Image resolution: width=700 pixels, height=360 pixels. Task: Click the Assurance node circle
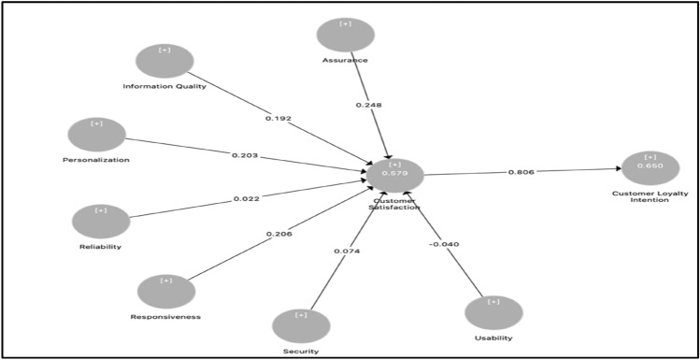click(x=345, y=35)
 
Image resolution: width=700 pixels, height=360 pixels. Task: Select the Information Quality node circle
click(x=164, y=61)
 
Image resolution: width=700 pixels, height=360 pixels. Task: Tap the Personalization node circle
click(x=97, y=135)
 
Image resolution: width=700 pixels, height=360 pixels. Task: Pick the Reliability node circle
click(x=101, y=222)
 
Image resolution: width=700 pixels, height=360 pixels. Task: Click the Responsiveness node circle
click(x=166, y=291)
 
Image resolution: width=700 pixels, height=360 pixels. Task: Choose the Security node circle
click(x=301, y=325)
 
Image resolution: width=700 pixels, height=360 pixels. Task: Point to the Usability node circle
click(x=493, y=312)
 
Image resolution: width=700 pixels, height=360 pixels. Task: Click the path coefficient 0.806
click(x=521, y=172)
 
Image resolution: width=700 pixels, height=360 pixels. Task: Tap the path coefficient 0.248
click(x=367, y=105)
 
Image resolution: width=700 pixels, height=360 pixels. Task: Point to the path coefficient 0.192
click(x=279, y=120)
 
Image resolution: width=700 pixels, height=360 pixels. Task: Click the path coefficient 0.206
click(x=279, y=234)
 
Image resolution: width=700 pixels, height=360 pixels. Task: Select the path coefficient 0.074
click(x=347, y=252)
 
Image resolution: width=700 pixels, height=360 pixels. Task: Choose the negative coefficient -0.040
click(x=444, y=245)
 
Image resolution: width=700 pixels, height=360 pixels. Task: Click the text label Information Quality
click(x=164, y=87)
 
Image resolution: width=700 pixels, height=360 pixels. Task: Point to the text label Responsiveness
click(x=165, y=317)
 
